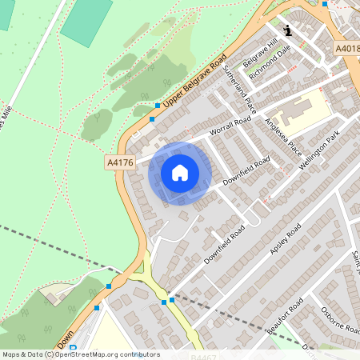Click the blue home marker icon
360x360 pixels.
(180, 173)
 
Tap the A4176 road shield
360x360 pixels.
(118, 162)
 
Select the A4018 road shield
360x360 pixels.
(346, 49)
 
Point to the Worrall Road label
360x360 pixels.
(230, 125)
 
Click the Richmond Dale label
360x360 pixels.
(270, 62)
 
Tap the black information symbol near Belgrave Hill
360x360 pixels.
(288, 30)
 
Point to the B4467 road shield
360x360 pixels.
(205, 357)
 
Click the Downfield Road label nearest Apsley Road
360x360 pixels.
(224, 245)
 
